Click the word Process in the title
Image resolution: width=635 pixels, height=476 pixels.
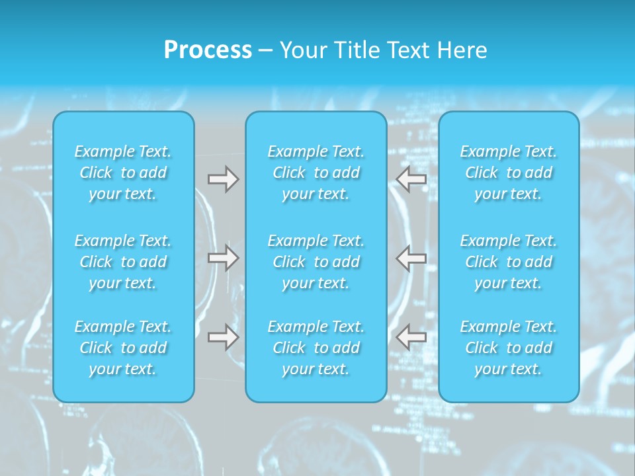point(208,50)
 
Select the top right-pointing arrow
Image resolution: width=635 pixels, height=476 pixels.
point(223,179)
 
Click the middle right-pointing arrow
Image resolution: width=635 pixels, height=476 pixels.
point(223,258)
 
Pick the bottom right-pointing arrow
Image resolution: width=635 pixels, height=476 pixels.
point(223,337)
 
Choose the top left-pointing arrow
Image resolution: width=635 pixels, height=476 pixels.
point(411,179)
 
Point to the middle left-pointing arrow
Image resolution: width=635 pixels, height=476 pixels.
point(411,258)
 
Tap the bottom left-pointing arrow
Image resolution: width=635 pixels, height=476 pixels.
point(411,337)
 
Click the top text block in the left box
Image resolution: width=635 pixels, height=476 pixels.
point(123,173)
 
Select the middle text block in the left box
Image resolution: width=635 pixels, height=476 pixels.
point(123,262)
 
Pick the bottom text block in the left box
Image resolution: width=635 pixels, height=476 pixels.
point(123,348)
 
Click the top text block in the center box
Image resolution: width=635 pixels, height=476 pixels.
point(316,173)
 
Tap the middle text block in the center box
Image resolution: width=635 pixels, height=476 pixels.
point(316,262)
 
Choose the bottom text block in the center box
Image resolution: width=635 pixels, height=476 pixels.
point(316,348)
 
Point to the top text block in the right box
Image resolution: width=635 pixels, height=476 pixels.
point(509,173)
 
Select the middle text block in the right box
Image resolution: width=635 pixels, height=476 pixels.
point(509,262)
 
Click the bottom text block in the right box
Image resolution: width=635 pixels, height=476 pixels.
point(509,348)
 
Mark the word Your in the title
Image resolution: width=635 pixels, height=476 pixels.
point(304,50)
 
